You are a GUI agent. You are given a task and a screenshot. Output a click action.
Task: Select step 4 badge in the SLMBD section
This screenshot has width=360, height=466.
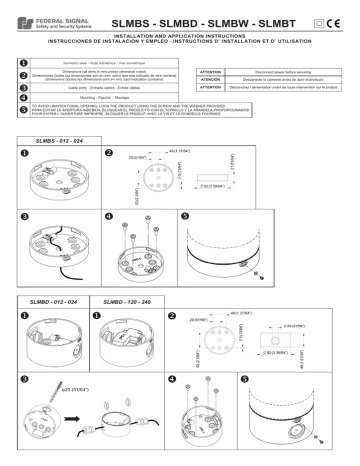tap(173, 380)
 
